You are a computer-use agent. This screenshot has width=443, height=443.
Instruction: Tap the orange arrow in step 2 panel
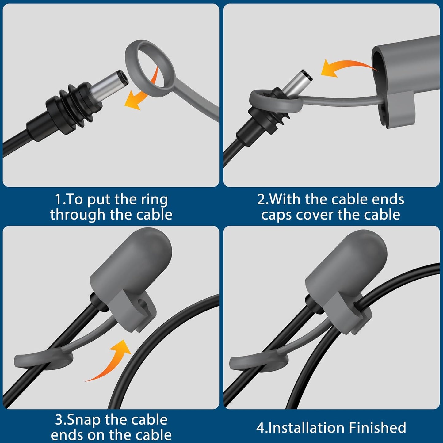(343, 67)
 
